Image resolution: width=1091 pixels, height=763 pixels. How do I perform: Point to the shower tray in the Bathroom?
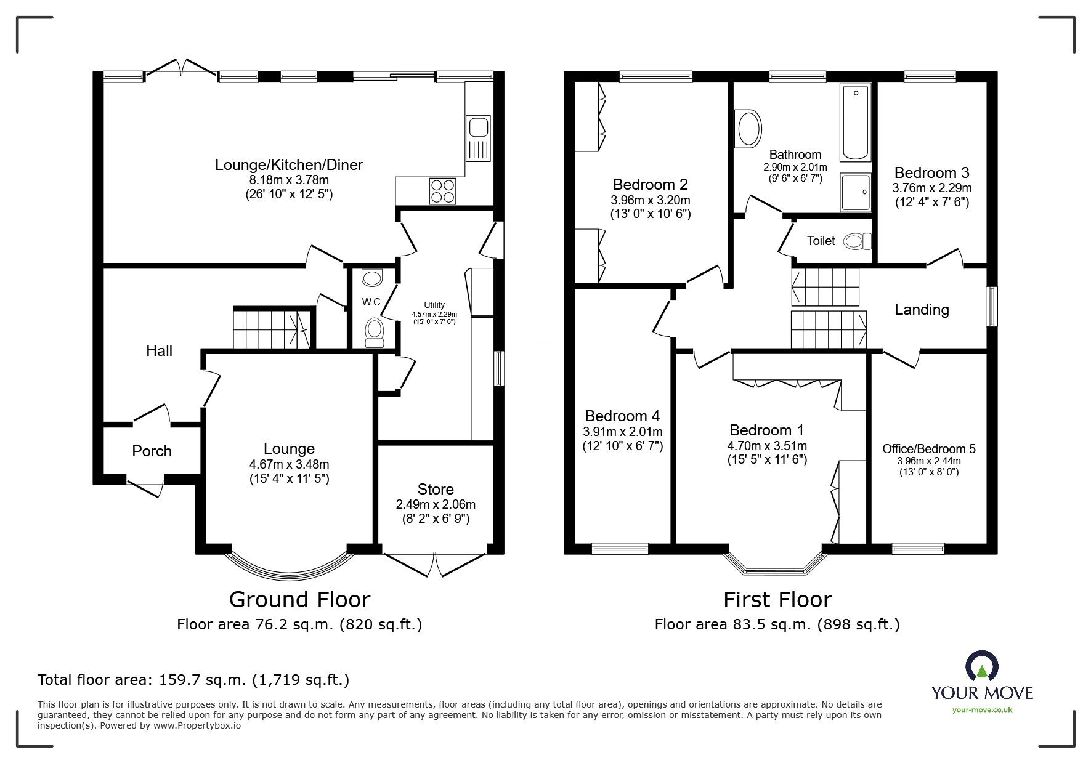pos(856,192)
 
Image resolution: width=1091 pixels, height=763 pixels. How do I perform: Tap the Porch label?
pos(152,451)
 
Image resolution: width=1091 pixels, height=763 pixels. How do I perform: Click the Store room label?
pos(436,489)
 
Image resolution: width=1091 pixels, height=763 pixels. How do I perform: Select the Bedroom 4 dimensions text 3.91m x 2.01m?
pos(622,432)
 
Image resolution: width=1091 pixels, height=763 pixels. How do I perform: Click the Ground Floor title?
pos(299,599)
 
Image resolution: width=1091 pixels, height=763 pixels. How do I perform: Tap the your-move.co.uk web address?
pos(982,710)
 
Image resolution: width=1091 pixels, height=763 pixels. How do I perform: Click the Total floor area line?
pos(193,680)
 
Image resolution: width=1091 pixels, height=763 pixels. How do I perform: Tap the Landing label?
pos(921,309)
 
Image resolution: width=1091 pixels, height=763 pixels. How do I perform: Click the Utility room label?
pos(434,305)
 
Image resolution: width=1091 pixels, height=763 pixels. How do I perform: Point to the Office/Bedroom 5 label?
pos(928,449)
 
